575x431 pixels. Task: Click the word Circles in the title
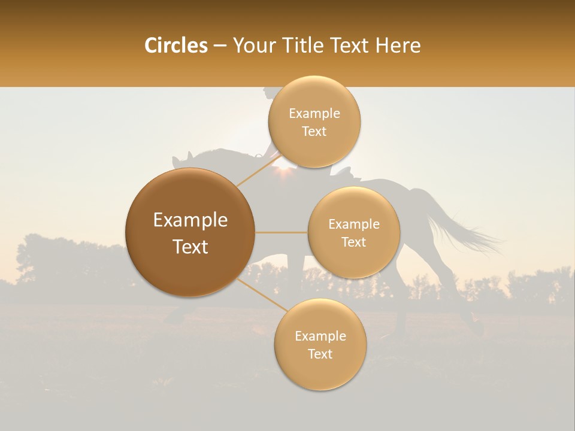click(176, 45)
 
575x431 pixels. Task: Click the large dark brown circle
click(190, 233)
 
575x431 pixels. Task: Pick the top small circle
click(314, 122)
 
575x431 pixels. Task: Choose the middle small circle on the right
click(353, 232)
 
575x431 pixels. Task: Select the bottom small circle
click(320, 344)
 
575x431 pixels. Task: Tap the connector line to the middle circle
click(282, 232)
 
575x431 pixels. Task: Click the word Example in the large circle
click(190, 220)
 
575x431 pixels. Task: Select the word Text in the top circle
click(314, 131)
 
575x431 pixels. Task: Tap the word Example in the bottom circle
click(320, 336)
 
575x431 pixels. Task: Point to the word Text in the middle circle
click(353, 242)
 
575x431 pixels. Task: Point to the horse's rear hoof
click(477, 328)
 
